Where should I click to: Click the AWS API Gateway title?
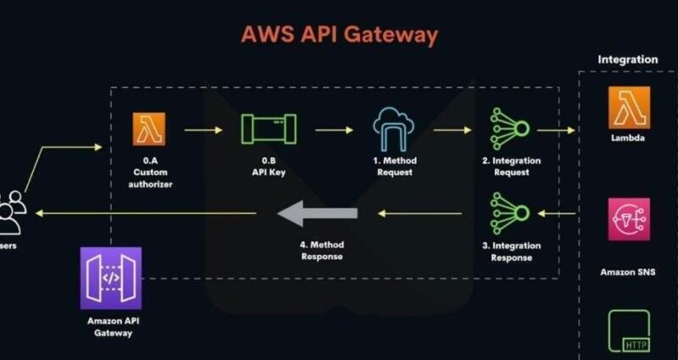[x=339, y=35]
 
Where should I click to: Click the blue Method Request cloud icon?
[x=394, y=130]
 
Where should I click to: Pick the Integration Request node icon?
[x=510, y=130]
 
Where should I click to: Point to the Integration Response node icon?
[x=510, y=213]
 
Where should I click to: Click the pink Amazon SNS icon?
[x=628, y=219]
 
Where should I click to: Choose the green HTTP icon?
[x=628, y=330]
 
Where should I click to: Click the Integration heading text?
[x=627, y=60]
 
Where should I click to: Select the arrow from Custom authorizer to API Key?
[x=203, y=130]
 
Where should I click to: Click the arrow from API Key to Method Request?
[x=334, y=130]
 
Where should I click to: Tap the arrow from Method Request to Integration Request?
[x=453, y=130]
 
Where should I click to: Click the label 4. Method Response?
[x=321, y=251]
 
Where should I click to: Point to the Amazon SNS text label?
[x=628, y=273]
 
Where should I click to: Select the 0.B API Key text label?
[x=268, y=167]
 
